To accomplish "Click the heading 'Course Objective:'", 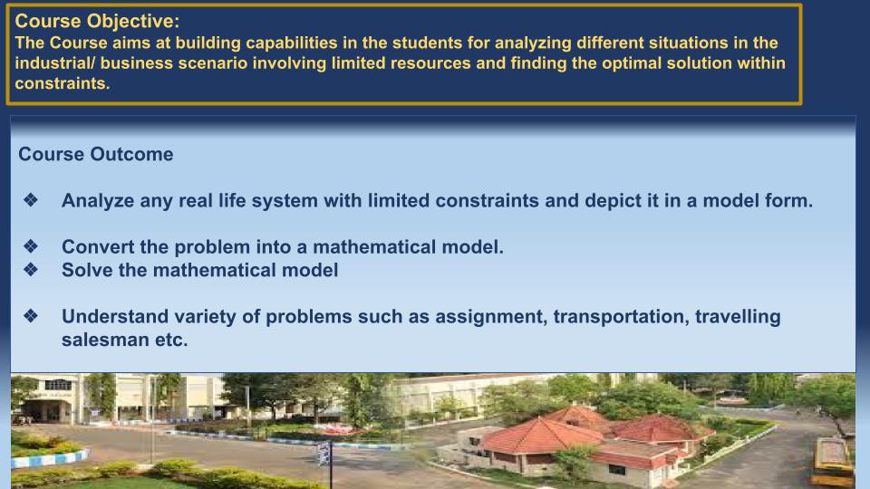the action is [97, 21].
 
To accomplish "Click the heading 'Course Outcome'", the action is [96, 154].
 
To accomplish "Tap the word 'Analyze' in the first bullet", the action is [98, 201].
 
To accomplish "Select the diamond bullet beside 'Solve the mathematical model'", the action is [31, 270].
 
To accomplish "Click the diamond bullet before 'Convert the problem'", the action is [31, 245].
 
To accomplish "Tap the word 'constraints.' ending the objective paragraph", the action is [63, 83].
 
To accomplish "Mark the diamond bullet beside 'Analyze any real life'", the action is [31, 199].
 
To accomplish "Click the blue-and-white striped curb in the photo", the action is [49, 458].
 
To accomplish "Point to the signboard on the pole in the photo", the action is [324, 454].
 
